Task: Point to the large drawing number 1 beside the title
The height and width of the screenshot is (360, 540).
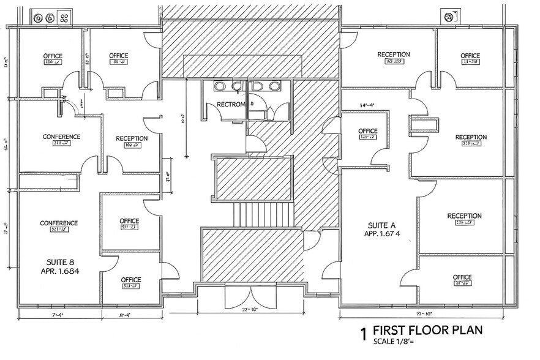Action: pos(363,334)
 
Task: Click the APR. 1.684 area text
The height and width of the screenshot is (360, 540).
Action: pos(59,271)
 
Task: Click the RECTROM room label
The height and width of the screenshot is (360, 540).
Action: pos(230,105)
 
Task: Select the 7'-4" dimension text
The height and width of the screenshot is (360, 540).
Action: pos(58,315)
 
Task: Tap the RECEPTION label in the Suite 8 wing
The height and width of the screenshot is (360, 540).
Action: pos(132,138)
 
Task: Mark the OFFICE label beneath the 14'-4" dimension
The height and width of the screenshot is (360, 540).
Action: pos(367,131)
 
